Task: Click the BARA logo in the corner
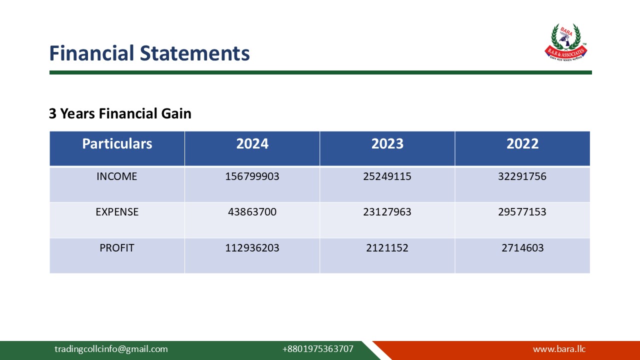pos(565,42)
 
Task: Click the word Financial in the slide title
pos(92,53)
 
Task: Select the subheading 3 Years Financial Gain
pos(120,113)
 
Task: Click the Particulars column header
pos(117,144)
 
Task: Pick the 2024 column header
pos(252,144)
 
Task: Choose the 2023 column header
pos(387,144)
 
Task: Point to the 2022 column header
pos(522,144)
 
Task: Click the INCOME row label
pos(117,176)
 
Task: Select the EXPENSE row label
pos(117,212)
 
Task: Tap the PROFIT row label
pos(117,247)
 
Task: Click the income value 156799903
pos(252,176)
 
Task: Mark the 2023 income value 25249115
pos(387,176)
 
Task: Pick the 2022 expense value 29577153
pos(522,212)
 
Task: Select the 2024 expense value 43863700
pos(252,212)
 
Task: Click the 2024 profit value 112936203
pos(252,247)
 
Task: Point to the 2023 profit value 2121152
pos(387,247)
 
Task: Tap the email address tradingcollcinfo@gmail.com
pos(111,349)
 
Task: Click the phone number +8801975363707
pos(317,349)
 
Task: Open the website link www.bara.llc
pos(559,349)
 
